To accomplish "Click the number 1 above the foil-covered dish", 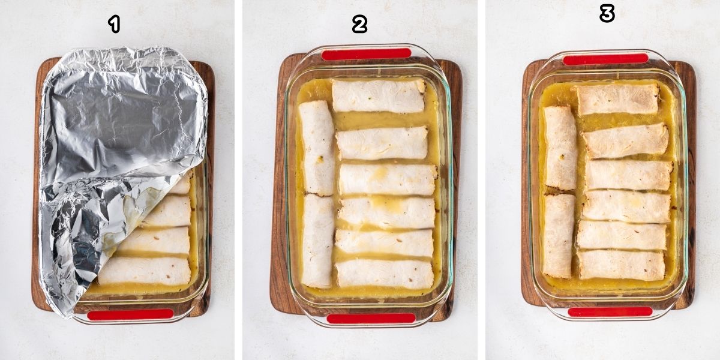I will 114,24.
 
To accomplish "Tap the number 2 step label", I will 359,24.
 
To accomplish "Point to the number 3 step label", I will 607,13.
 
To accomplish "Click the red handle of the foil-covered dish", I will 130,314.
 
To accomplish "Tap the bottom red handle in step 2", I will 371,318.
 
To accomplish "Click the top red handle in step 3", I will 605,59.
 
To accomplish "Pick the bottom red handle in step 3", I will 610,311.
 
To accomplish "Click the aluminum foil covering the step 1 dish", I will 120,132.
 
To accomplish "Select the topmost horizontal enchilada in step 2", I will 378,96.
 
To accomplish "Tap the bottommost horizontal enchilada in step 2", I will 384,274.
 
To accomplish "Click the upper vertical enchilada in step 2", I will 316,147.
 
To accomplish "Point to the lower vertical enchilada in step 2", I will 317,240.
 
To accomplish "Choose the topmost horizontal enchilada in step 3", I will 617,99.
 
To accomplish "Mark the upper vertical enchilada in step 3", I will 560,148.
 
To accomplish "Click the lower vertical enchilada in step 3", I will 559,235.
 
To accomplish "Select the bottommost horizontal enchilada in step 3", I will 621,265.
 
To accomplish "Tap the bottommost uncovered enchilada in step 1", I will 145,271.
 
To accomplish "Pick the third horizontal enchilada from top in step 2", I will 387,179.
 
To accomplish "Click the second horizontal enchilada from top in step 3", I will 625,140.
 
